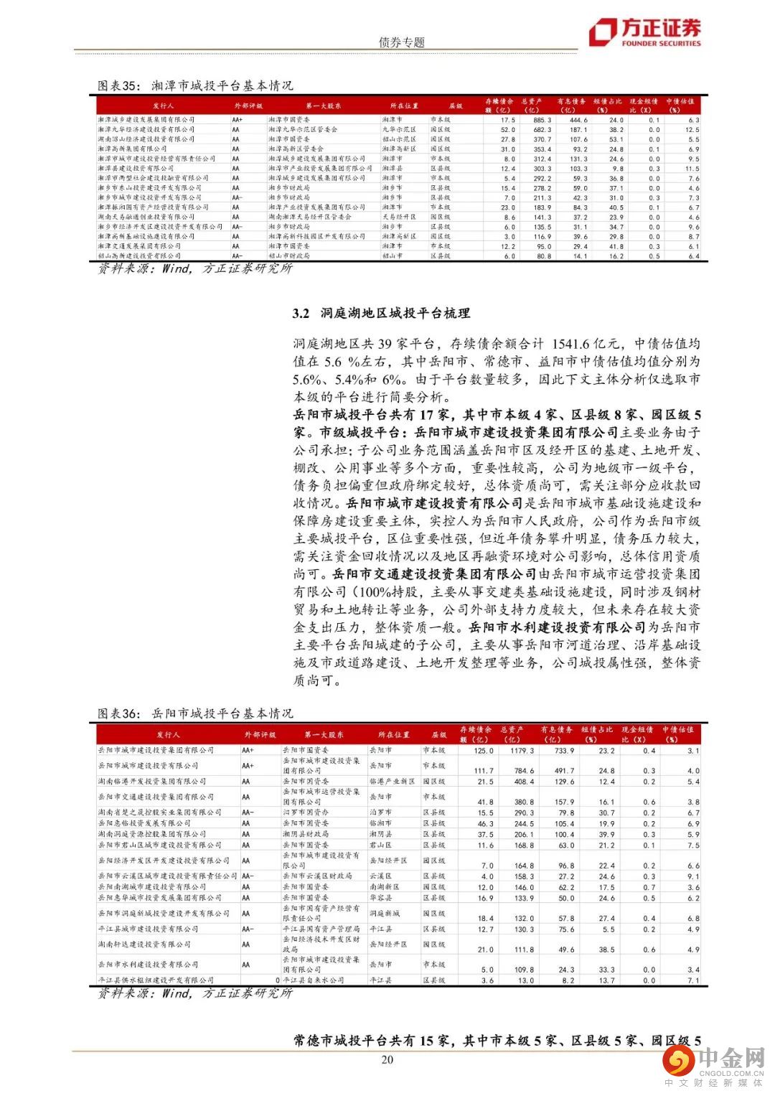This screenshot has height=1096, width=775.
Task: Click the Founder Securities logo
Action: tap(644, 32)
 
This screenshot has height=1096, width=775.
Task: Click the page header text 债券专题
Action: tap(401, 42)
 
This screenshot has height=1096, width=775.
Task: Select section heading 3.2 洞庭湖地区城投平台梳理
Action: tap(381, 313)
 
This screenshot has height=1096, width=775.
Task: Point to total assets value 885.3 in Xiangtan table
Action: tap(542, 120)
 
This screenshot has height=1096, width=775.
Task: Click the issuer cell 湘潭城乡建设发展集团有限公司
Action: tap(146, 120)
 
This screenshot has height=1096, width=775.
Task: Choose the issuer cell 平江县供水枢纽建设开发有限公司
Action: tap(156, 980)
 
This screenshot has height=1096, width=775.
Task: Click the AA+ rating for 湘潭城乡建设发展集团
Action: tap(238, 120)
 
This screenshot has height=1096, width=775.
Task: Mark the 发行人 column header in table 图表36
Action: tap(168, 735)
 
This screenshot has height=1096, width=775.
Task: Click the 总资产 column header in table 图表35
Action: tap(531, 106)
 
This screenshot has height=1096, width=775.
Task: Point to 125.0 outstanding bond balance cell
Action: tap(484, 751)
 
